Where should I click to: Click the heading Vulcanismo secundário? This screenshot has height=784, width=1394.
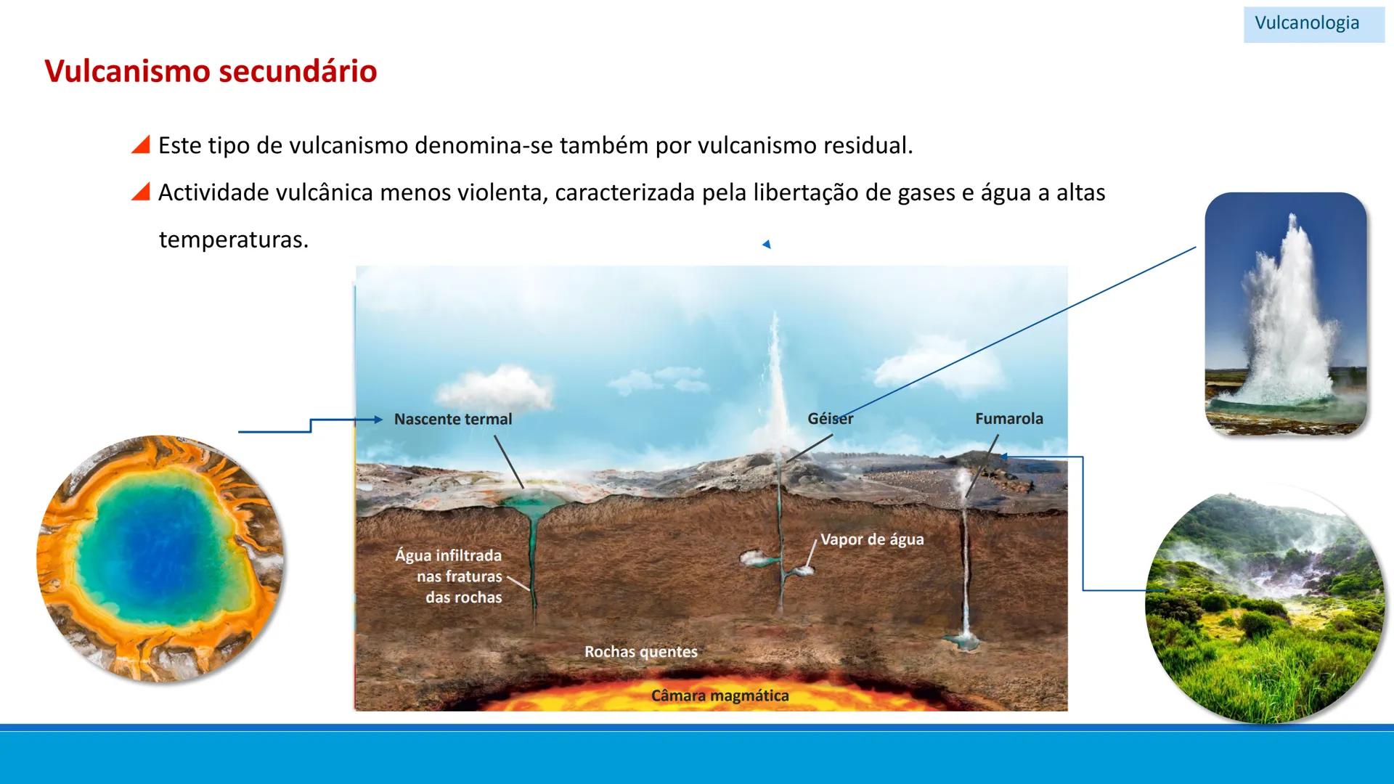click(211, 71)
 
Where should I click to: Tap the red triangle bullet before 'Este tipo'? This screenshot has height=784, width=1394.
click(141, 144)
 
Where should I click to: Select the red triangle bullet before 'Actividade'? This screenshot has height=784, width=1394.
click(141, 192)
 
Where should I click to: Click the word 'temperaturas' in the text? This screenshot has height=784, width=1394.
click(233, 240)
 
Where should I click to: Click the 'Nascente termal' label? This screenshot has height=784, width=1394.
click(452, 419)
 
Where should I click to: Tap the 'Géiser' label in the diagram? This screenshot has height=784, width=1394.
click(830, 418)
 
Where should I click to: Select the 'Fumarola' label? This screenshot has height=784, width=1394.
click(1008, 418)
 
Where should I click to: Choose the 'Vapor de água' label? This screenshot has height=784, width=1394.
click(872, 539)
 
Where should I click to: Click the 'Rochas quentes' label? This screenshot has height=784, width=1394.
click(640, 652)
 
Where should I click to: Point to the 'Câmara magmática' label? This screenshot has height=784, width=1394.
click(720, 695)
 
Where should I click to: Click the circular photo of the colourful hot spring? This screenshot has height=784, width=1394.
click(161, 558)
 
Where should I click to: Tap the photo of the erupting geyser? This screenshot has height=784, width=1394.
click(1285, 314)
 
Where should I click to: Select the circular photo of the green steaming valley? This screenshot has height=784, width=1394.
click(1263, 606)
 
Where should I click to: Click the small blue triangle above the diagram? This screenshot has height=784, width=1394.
click(766, 245)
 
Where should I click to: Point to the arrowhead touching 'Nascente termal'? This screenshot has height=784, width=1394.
click(378, 419)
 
